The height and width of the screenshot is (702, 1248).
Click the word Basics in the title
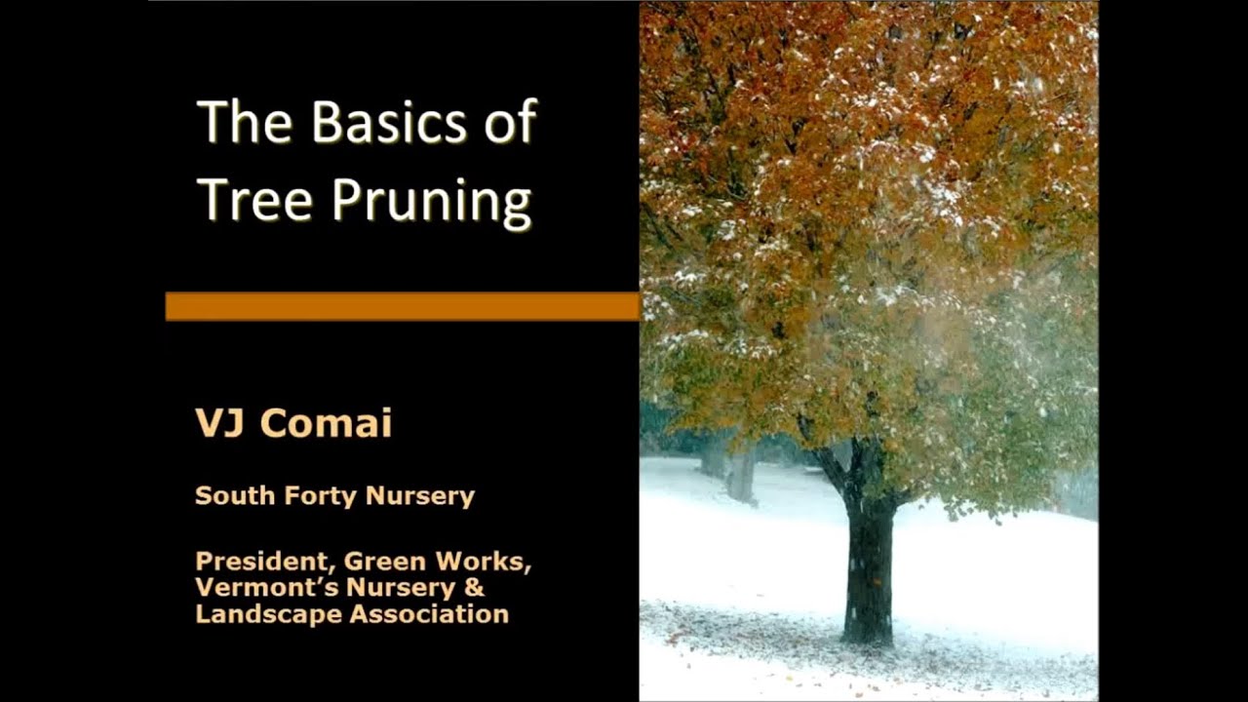(x=389, y=123)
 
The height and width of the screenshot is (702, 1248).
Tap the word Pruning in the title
(x=431, y=202)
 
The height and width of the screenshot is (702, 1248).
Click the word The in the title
(x=245, y=123)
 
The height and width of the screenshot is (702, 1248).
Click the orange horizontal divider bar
(x=402, y=306)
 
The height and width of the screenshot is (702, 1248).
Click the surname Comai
(x=326, y=423)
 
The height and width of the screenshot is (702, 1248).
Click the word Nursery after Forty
(x=419, y=495)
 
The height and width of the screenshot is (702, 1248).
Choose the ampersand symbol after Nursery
(x=474, y=588)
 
